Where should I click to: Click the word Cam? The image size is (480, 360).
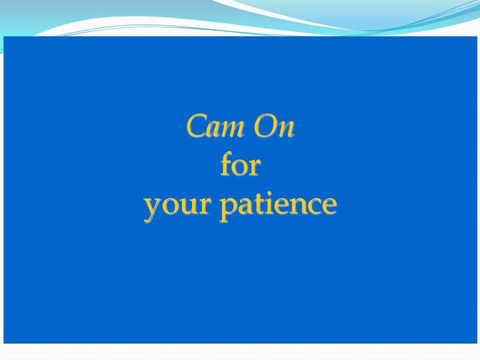click(215, 126)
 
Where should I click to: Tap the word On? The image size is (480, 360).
click(274, 126)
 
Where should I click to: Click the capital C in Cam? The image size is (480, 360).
click(197, 126)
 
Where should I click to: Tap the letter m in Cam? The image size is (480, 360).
click(233, 129)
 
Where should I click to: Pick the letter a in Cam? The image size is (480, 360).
click(213, 129)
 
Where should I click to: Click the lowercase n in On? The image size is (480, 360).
click(285, 129)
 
